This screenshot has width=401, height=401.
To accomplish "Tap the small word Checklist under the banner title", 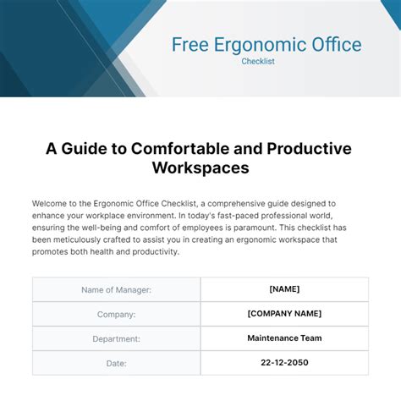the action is click(x=269, y=62).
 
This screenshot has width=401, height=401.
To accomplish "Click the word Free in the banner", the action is click(x=190, y=44).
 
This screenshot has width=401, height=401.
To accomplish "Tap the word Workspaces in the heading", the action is click(x=200, y=168).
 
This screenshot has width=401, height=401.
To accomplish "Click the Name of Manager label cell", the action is click(x=117, y=289).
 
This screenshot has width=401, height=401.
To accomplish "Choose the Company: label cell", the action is click(x=117, y=314).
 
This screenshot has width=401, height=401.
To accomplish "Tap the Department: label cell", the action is click(x=117, y=338).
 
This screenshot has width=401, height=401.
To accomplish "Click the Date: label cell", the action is click(x=117, y=363).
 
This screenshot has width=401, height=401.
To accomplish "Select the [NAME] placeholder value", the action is click(x=284, y=289).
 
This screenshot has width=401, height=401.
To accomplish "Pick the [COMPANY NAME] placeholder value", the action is click(x=284, y=314).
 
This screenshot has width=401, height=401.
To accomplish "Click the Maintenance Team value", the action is click(x=284, y=338).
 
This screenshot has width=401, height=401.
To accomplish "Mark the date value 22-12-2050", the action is click(x=284, y=363).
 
